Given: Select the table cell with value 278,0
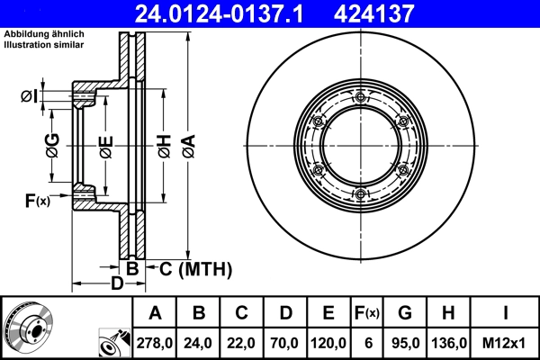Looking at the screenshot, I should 155,343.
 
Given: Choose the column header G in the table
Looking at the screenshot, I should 404,313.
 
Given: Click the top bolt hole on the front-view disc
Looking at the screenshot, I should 360,97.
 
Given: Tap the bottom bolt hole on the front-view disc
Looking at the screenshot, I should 360,195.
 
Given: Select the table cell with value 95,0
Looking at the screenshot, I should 404,343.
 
